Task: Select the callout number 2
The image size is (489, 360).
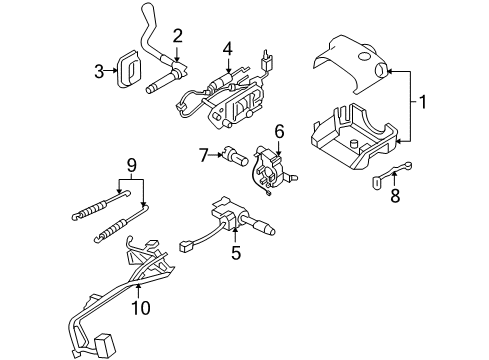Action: coord(177,37)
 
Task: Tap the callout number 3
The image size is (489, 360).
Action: coord(99,70)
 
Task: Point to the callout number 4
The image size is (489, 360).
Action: coord(227,47)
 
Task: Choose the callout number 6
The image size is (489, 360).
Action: coord(280,129)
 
